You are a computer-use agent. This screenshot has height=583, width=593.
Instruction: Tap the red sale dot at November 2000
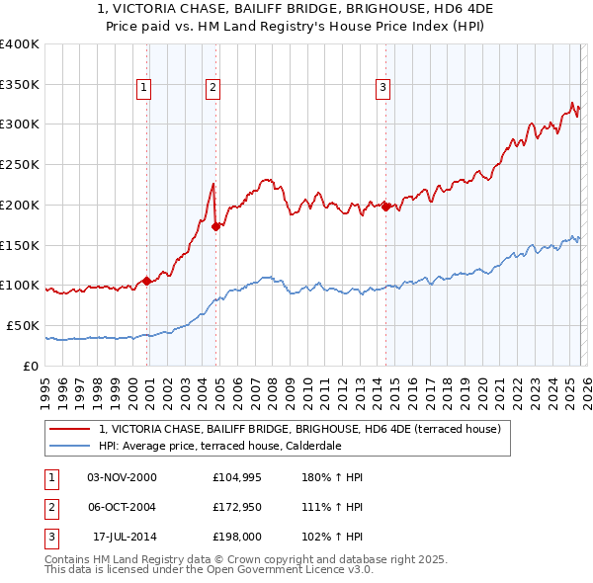[147, 281]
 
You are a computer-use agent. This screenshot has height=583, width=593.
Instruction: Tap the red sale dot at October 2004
[215, 226]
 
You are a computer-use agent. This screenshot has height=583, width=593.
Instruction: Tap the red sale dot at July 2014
[385, 206]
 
